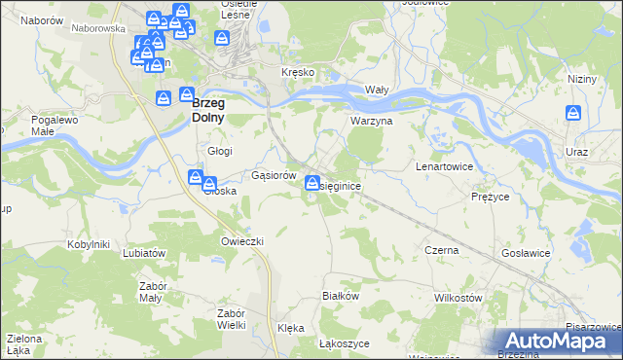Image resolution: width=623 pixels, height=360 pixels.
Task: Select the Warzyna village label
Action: [371, 122]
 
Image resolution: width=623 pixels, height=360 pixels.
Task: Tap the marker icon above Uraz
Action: [573, 115]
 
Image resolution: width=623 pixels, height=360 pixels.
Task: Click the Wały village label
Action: [377, 89]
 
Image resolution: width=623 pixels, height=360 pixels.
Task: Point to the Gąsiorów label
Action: [274, 176]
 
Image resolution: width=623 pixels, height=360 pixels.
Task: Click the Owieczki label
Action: [243, 240]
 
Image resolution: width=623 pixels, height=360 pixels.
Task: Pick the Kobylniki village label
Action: [88, 244]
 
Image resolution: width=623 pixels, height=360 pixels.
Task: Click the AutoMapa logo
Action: [556, 341]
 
